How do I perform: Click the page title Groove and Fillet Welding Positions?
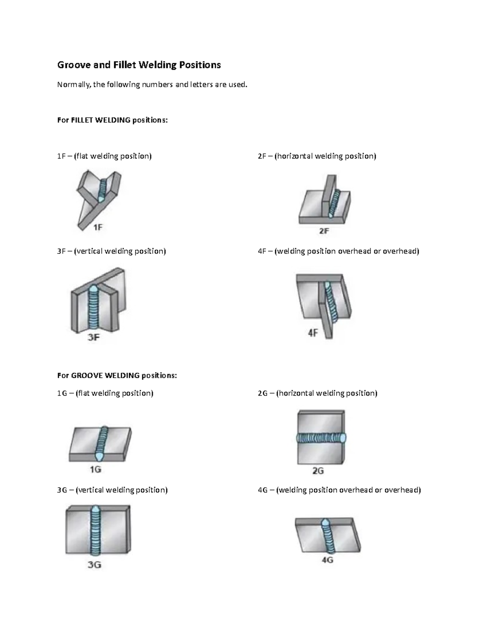(x=139, y=65)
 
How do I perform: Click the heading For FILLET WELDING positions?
(x=112, y=120)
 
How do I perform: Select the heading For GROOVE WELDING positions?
(x=117, y=375)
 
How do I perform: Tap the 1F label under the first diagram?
(x=98, y=228)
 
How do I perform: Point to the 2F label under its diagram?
(x=324, y=231)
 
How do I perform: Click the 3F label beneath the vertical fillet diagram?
(x=94, y=337)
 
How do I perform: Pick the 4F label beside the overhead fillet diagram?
(x=312, y=333)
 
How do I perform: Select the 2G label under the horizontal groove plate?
(x=318, y=471)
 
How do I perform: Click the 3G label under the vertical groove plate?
(x=94, y=564)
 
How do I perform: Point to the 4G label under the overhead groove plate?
(x=327, y=560)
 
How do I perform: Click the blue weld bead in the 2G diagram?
(x=321, y=438)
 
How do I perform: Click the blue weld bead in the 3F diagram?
(x=93, y=308)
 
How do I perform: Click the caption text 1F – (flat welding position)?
(x=104, y=156)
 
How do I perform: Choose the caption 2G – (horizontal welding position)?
(x=317, y=393)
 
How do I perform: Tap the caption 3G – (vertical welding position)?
(x=112, y=490)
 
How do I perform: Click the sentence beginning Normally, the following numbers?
(x=152, y=85)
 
